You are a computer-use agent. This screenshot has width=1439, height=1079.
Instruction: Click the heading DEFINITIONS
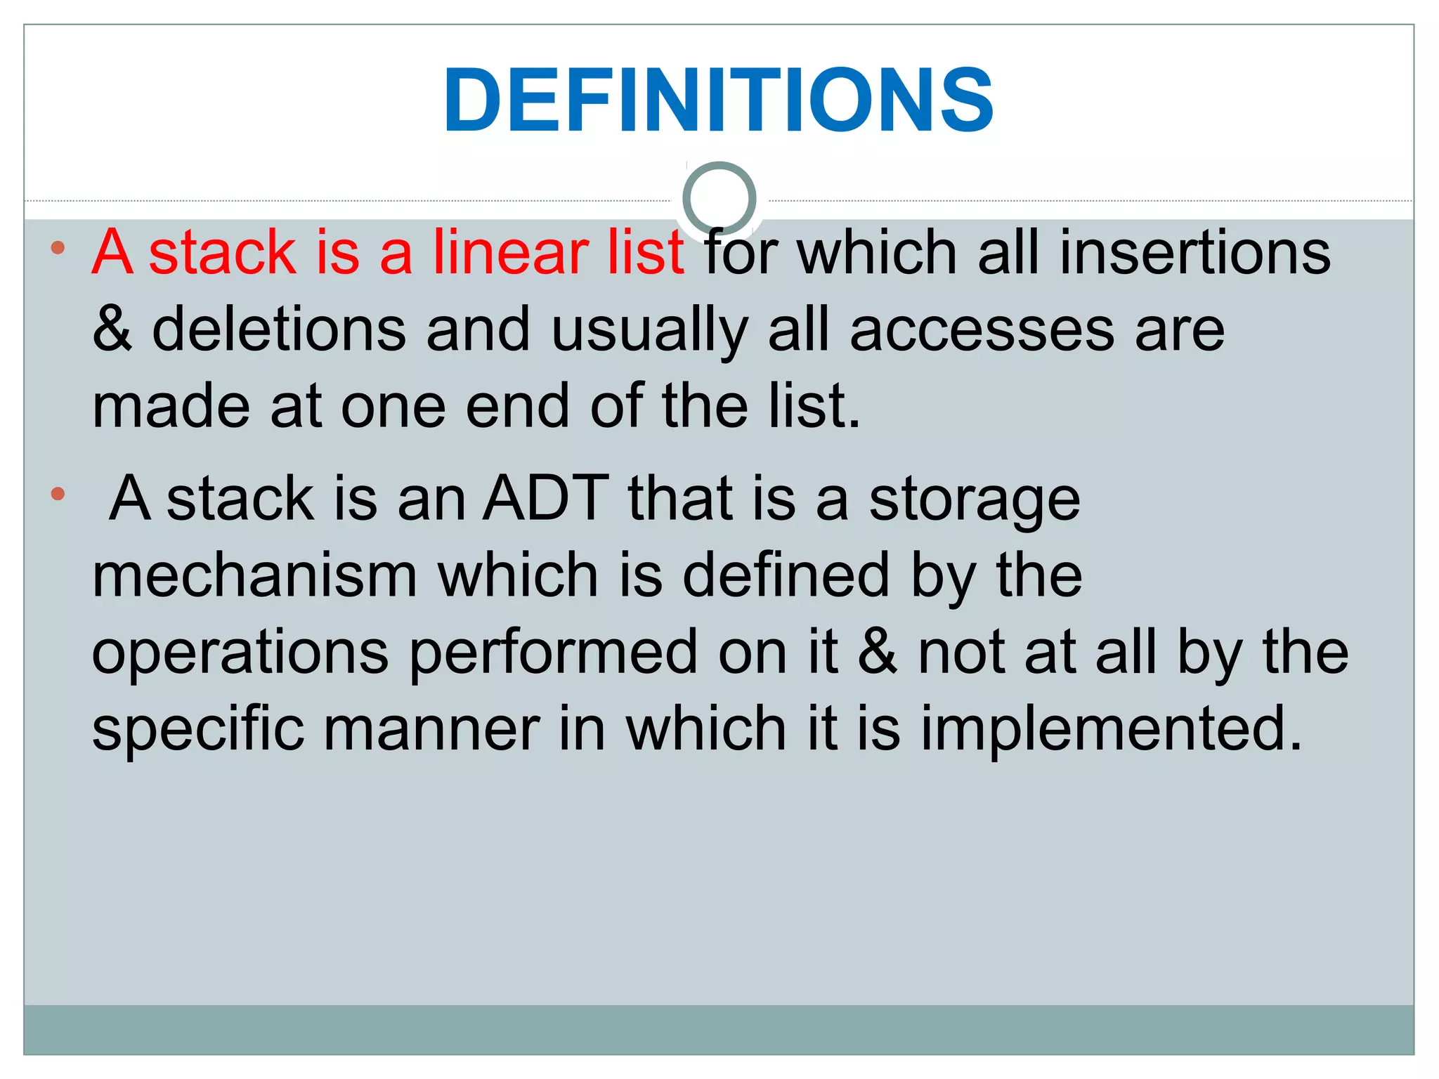[718, 100]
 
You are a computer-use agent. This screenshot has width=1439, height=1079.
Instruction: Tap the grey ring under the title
[719, 199]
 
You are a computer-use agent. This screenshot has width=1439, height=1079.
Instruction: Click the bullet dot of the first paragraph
[58, 247]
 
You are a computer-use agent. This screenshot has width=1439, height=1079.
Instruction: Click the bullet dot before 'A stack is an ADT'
[58, 494]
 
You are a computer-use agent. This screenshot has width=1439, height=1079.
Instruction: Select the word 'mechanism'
[254, 575]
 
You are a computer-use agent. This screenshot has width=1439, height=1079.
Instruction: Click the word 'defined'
[786, 575]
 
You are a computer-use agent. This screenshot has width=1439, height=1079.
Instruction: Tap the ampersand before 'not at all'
[878, 651]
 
